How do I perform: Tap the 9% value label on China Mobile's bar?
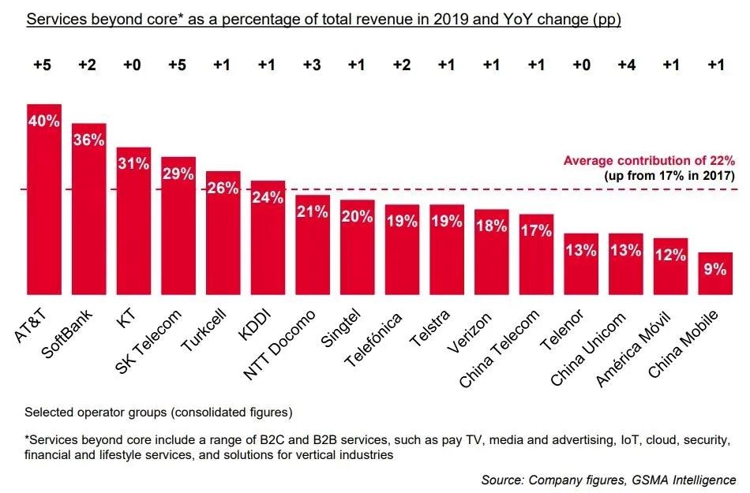pyautogui.click(x=715, y=269)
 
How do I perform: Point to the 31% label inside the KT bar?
pyautogui.click(x=133, y=163)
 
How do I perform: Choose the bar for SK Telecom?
pyautogui.click(x=178, y=229)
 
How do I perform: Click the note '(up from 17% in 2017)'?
pyautogui.click(x=670, y=175)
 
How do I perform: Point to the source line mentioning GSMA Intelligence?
pyautogui.click(x=609, y=479)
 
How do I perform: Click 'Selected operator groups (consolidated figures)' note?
pyautogui.click(x=159, y=412)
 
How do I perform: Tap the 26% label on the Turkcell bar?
pyautogui.click(x=223, y=188)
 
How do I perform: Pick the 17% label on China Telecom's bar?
pyautogui.click(x=536, y=231)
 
